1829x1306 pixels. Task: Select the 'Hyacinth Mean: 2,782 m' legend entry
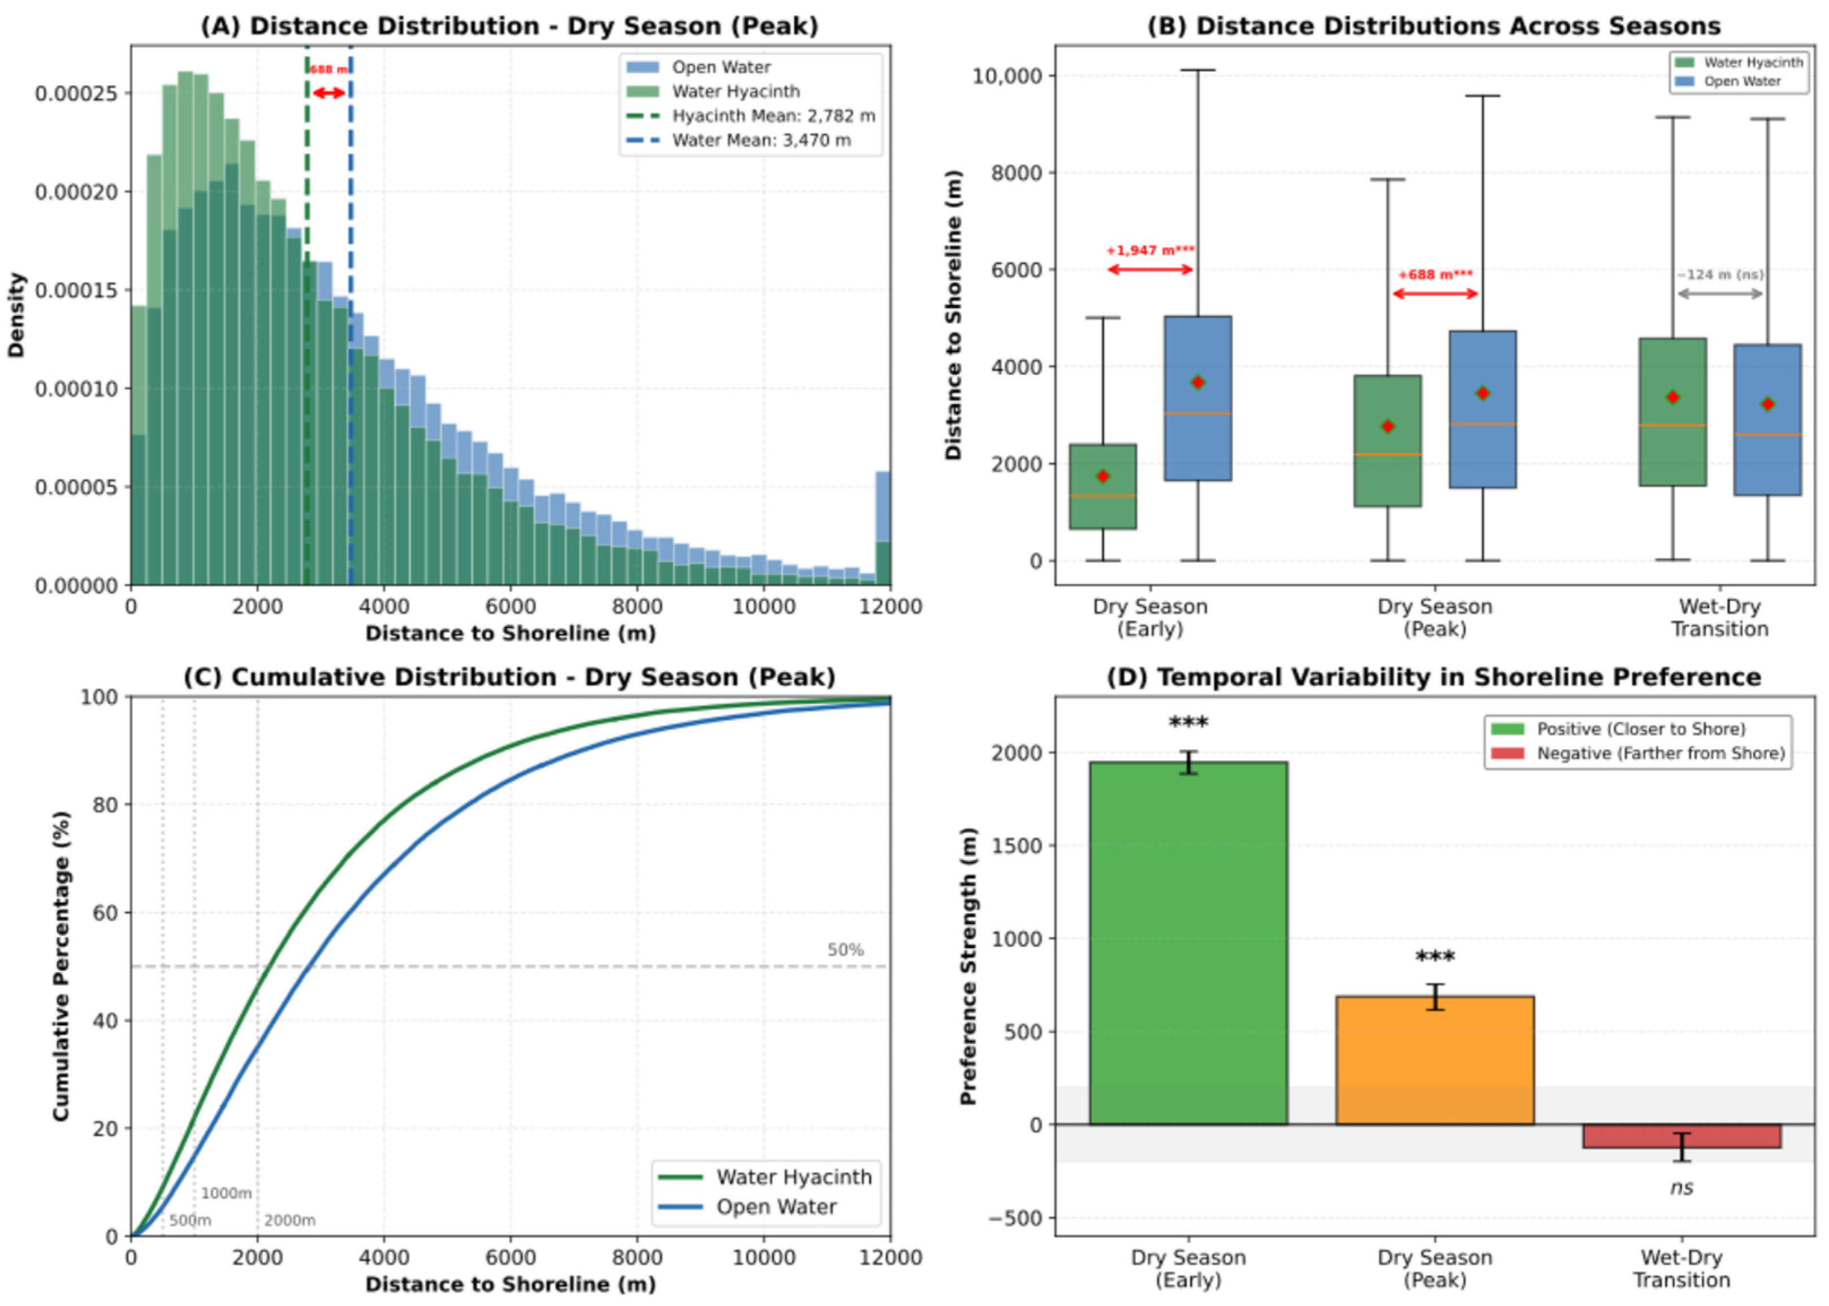pyautogui.click(x=751, y=116)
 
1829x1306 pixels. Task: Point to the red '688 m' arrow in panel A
pyautogui.click(x=329, y=93)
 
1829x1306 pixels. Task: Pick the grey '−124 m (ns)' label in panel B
pyautogui.click(x=1720, y=275)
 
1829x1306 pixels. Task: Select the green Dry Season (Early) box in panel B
pyautogui.click(x=1102, y=487)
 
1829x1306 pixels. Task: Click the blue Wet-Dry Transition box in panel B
pyautogui.click(x=1767, y=420)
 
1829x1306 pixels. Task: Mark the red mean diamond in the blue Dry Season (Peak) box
pyautogui.click(x=1482, y=393)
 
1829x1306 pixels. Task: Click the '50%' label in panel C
pyautogui.click(x=846, y=950)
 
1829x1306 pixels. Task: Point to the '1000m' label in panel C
pyautogui.click(x=226, y=1193)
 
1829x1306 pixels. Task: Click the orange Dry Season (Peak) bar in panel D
pyautogui.click(x=1434, y=1060)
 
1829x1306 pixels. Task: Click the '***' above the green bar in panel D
pyautogui.click(x=1188, y=722)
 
